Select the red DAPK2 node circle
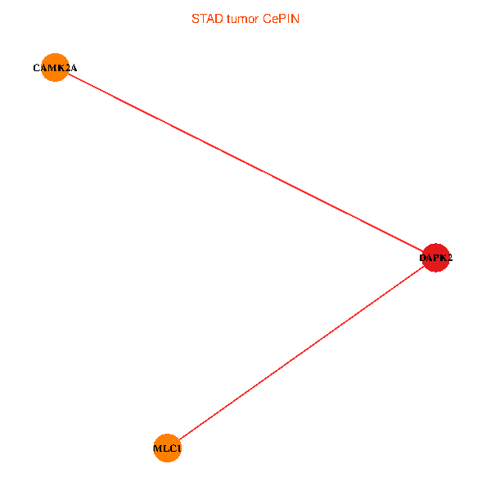435,258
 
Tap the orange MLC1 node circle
167,448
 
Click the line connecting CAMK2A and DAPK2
245,163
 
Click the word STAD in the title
205,18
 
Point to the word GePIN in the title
281,18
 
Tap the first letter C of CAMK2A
36,68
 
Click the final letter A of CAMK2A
74,68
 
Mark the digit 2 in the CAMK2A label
67,68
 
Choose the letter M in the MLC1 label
158,448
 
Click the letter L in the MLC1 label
166,448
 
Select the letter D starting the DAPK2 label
423,258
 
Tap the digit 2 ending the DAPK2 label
449,258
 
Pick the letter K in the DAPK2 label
443,258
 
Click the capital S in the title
195,18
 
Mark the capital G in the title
268,18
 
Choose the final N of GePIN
295,18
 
